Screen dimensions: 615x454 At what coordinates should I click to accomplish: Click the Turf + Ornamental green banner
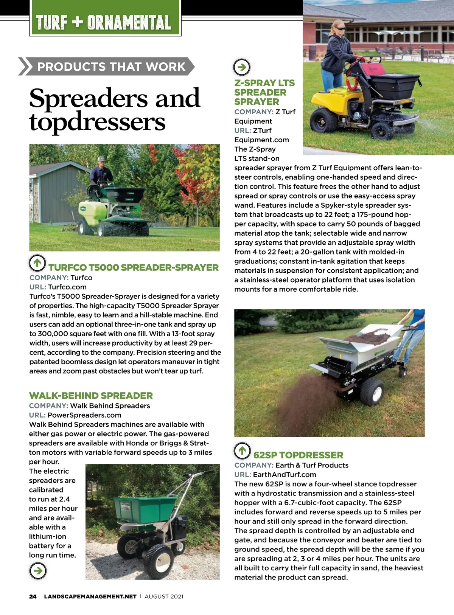pos(105,22)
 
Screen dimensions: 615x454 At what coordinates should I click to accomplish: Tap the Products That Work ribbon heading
pos(111,67)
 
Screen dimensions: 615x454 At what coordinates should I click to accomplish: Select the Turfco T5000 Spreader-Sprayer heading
pos(133,267)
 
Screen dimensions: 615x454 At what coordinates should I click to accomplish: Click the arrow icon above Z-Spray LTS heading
pos(242,67)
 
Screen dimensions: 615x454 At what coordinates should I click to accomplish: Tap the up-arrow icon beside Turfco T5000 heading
pos(37,262)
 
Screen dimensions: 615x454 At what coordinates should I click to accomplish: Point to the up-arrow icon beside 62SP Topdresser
pos(242,450)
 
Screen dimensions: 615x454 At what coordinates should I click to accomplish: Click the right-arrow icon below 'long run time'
pos(38,570)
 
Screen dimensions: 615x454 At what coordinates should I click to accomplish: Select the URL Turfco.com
pos(67,287)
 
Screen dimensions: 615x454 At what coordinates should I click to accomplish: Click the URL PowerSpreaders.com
pos(84,415)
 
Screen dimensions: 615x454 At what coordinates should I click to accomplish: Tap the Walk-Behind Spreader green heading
pos(91,396)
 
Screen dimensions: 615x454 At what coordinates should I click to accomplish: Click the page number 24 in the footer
pos(33,596)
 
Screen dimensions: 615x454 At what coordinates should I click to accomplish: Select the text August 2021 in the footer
pos(164,596)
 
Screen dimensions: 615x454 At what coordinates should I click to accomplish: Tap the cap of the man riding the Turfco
pos(101,159)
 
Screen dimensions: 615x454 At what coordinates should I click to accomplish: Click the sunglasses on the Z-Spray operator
pos(340,28)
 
